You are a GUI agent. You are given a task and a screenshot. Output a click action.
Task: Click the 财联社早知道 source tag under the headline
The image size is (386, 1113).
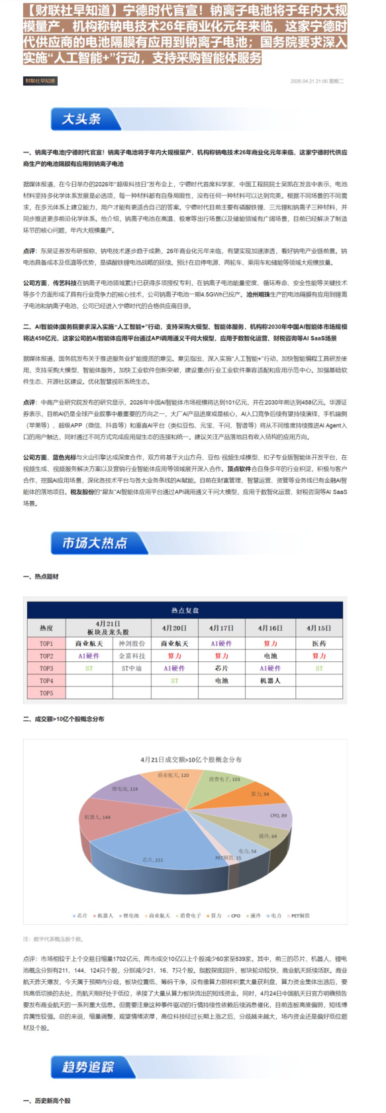tap(40, 81)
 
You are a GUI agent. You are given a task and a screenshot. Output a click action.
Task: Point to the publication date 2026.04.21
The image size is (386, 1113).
tap(309, 81)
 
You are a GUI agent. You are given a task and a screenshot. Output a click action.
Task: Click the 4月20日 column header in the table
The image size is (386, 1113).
tap(174, 628)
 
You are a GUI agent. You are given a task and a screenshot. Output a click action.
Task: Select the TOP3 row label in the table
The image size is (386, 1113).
tap(46, 668)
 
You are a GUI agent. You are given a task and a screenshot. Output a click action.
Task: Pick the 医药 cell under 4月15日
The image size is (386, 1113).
tap(319, 643)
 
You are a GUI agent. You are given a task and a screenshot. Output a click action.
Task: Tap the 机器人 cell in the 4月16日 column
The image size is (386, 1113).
tap(270, 681)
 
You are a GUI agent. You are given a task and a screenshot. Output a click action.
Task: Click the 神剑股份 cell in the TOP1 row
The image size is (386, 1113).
tap(132, 643)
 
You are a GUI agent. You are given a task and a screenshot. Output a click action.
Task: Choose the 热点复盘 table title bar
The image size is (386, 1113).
tap(185, 610)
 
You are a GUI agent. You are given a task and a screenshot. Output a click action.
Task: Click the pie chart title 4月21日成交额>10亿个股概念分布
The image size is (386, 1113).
tap(191, 760)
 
